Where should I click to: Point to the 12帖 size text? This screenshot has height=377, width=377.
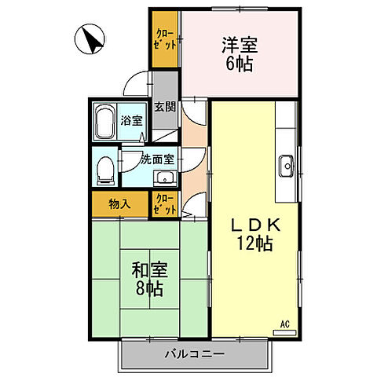(x=254, y=244)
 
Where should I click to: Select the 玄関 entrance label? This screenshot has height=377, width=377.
(x=163, y=107)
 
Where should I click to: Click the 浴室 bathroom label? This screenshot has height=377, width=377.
(x=131, y=123)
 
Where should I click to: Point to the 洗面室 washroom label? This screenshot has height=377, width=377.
(x=157, y=159)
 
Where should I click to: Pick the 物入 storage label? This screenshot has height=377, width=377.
(x=119, y=204)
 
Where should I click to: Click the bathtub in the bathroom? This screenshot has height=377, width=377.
(x=105, y=123)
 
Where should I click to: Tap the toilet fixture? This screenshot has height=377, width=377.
(x=103, y=167)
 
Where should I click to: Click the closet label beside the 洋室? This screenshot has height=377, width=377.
(x=166, y=39)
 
